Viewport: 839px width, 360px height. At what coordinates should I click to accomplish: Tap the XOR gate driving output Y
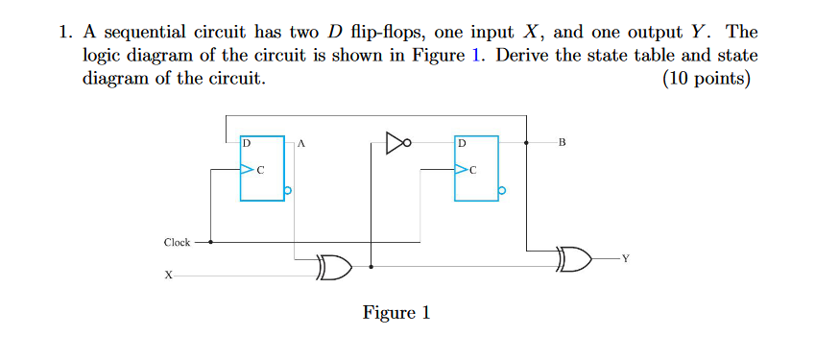click(574, 258)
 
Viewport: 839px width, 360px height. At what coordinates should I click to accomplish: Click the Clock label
click(177, 243)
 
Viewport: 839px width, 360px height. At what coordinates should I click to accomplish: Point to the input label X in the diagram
click(169, 276)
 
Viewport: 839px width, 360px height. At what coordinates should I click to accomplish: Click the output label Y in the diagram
click(626, 258)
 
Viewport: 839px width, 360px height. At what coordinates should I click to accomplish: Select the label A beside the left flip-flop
click(300, 144)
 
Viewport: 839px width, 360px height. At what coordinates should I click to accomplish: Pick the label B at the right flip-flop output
click(562, 144)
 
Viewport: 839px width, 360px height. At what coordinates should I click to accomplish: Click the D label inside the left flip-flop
click(247, 143)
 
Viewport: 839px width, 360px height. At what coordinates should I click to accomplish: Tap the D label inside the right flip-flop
click(462, 143)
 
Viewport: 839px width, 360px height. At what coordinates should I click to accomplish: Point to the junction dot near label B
click(527, 144)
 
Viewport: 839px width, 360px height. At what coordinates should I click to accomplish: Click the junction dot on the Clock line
click(211, 243)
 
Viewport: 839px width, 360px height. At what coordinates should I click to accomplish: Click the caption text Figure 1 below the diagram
click(396, 313)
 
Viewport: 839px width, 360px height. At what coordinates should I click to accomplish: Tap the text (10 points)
click(707, 79)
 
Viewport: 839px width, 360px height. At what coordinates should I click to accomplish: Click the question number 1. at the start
click(64, 33)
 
